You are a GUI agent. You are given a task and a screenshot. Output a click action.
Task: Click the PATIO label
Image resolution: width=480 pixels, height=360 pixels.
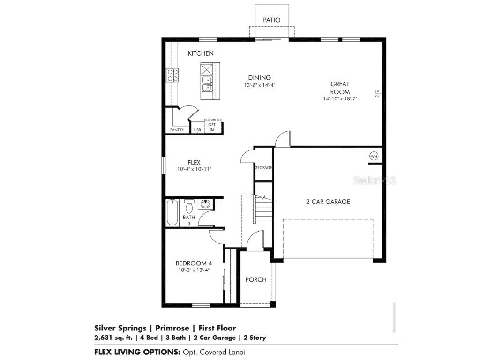click(x=272, y=20)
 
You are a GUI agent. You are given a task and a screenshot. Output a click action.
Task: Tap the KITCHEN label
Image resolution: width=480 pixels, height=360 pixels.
click(x=201, y=53)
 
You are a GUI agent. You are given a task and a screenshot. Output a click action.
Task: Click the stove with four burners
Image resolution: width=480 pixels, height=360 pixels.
click(x=172, y=75)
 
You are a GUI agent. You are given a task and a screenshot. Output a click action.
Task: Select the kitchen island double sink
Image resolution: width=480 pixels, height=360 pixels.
click(x=206, y=85)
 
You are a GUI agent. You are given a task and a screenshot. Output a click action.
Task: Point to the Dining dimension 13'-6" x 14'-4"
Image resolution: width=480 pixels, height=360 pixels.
click(x=259, y=85)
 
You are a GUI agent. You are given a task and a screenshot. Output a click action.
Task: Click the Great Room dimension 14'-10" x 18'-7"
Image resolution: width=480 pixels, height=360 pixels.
click(x=340, y=99)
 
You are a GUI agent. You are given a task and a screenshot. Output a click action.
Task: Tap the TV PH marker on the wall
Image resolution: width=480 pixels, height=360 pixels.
click(x=376, y=94)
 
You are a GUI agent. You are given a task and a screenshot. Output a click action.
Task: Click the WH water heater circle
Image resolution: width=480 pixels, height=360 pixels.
click(x=374, y=156)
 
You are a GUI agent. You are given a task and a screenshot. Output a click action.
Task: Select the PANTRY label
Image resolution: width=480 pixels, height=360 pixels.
click(x=177, y=130)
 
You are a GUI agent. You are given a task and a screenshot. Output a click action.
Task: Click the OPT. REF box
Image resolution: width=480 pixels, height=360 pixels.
click(x=212, y=127)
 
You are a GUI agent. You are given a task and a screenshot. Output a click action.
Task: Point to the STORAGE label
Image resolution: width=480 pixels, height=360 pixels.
click(x=263, y=167)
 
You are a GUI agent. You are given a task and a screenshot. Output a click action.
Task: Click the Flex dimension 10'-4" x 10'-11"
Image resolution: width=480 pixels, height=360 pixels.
click(x=194, y=169)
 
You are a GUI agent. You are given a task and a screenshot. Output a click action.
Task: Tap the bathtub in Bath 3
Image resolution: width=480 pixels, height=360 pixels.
click(x=172, y=212)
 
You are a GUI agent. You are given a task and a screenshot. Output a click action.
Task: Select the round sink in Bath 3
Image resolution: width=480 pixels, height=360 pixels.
click(x=206, y=204)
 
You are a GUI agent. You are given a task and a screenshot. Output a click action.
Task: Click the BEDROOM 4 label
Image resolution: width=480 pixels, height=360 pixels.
click(x=191, y=263)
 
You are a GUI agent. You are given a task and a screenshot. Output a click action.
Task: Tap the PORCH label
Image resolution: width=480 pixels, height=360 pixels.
click(x=256, y=279)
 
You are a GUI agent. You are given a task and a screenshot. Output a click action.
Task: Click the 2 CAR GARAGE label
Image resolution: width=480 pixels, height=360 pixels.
click(x=328, y=202)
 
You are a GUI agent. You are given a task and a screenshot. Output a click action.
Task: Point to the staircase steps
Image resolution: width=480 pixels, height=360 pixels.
click(x=262, y=209)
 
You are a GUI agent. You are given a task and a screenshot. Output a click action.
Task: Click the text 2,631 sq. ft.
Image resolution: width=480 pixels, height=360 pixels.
click(x=112, y=337)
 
